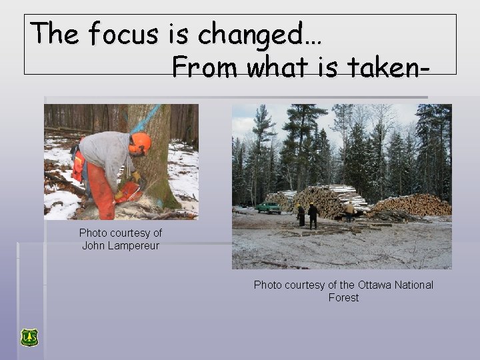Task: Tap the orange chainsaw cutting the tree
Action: tap(128, 193)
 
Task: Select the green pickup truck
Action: tap(268, 207)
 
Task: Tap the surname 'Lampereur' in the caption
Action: tap(133, 245)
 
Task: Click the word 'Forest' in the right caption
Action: tap(343, 297)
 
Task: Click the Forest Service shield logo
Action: tap(29, 337)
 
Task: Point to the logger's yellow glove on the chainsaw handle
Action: tap(136, 177)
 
